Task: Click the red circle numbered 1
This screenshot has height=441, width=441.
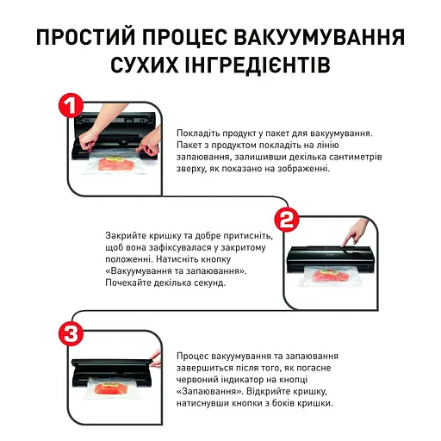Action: tap(71, 105)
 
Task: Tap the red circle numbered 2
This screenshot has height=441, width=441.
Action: tap(287, 220)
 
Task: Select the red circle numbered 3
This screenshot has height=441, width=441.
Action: tap(71, 333)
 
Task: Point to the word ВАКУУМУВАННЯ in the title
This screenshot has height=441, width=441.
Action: tap(320, 38)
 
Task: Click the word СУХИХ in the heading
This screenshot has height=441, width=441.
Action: tap(144, 65)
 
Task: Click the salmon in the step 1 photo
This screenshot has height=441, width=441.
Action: tap(116, 165)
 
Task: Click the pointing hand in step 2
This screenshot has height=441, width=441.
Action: tap(355, 232)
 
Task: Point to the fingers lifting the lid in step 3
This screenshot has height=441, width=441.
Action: tap(156, 360)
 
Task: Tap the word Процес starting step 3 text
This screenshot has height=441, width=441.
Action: tap(192, 357)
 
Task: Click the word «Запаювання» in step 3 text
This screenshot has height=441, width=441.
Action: tap(209, 392)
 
